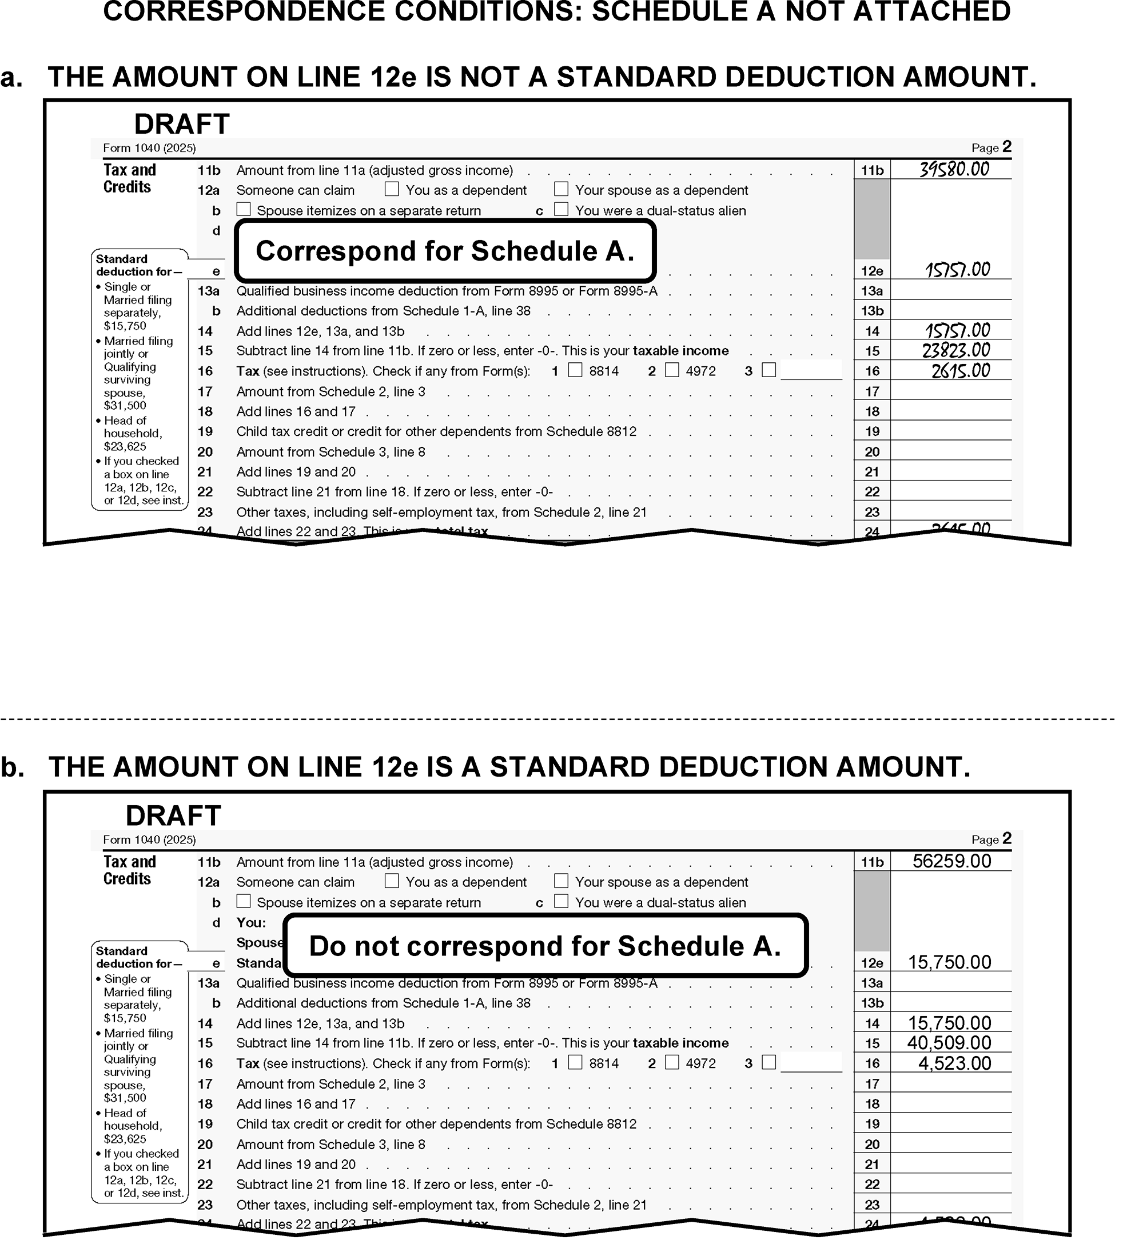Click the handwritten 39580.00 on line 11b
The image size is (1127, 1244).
tap(954, 169)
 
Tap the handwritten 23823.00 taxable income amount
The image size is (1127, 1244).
tap(955, 350)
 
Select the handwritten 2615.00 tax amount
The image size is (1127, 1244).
tap(960, 371)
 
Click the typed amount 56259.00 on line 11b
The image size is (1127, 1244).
tap(951, 861)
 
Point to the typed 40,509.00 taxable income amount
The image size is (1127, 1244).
tap(949, 1043)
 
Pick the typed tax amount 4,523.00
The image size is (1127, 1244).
tap(954, 1063)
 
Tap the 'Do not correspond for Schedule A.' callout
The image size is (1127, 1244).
tap(545, 946)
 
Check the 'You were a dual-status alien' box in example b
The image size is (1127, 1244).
tap(561, 901)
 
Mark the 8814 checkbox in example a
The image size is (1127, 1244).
tap(575, 370)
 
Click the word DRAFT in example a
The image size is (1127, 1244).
tap(182, 124)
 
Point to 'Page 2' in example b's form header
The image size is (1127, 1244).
tap(991, 839)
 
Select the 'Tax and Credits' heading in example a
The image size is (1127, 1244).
tap(129, 178)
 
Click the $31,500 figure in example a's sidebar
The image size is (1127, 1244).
tap(125, 405)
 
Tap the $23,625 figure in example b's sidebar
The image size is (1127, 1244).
tap(125, 1139)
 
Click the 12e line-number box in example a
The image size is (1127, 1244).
tap(872, 271)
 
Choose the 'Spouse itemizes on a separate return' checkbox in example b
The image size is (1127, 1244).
tap(244, 902)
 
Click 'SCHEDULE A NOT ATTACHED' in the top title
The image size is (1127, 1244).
tap(801, 13)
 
